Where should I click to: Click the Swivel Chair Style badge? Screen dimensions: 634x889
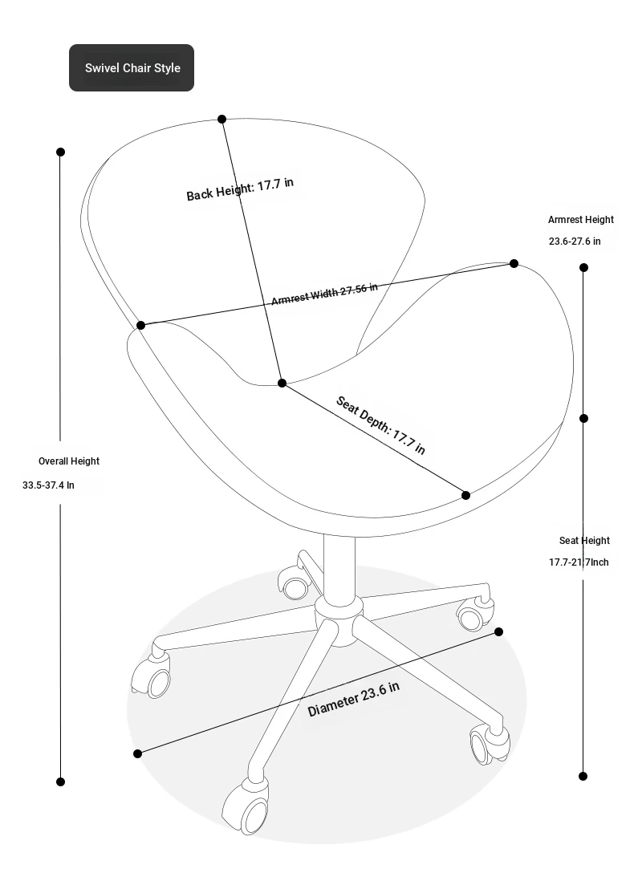click(x=132, y=67)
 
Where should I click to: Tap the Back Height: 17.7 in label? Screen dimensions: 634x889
click(x=240, y=189)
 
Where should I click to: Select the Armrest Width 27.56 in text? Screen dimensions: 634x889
click(x=324, y=294)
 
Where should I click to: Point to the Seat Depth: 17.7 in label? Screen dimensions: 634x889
click(x=380, y=425)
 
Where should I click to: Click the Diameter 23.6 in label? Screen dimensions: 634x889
click(x=353, y=699)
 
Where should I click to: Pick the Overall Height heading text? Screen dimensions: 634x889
click(x=69, y=461)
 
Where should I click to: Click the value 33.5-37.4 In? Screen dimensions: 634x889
click(x=48, y=485)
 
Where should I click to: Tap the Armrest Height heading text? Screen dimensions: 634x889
click(x=581, y=219)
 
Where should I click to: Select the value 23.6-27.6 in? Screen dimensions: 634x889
click(x=575, y=241)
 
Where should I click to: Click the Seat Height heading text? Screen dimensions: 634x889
click(x=585, y=540)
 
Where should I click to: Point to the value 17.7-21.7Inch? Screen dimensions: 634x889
click(x=579, y=562)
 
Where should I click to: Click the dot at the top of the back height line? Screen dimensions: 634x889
click(x=221, y=119)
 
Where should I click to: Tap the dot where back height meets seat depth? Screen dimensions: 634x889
click(x=282, y=384)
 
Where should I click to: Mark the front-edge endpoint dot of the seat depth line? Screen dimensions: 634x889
click(x=465, y=496)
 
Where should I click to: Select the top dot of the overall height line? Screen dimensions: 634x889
click(x=61, y=152)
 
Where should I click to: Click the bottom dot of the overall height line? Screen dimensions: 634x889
click(x=61, y=781)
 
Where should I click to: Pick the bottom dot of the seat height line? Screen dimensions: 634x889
click(x=583, y=776)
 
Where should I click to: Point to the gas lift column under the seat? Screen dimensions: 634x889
click(x=339, y=566)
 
